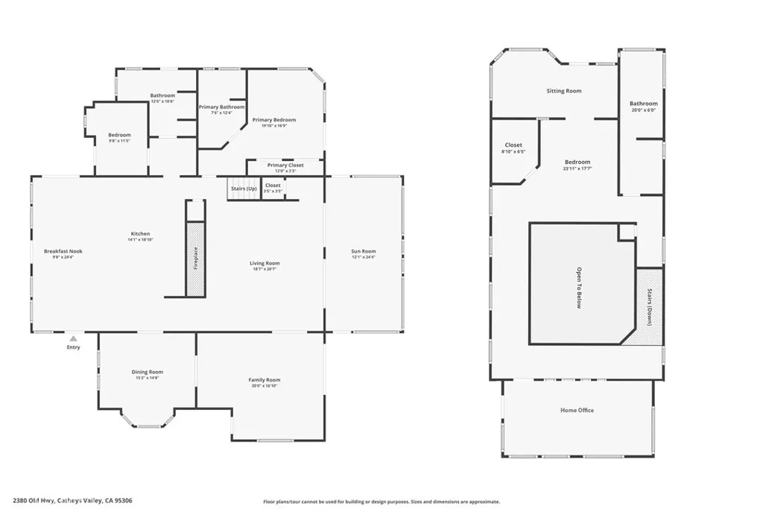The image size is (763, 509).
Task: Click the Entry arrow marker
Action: (x=73, y=339)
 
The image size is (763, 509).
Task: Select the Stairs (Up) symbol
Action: (x=242, y=189)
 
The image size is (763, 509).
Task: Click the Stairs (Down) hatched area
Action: (x=649, y=306)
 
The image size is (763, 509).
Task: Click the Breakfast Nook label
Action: (x=63, y=251)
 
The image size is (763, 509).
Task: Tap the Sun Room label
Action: (x=364, y=251)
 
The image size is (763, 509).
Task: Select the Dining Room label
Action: (x=148, y=372)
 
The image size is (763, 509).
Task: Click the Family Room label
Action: (x=265, y=380)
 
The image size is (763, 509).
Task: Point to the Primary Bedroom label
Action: (x=273, y=120)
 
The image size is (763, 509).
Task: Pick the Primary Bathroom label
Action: (x=221, y=107)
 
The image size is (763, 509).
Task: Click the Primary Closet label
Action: (x=285, y=165)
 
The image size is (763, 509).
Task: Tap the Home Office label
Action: (x=577, y=410)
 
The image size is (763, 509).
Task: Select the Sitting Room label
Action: (x=563, y=91)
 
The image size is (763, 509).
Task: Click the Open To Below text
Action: (x=579, y=288)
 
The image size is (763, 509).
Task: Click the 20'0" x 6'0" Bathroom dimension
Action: (x=644, y=110)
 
